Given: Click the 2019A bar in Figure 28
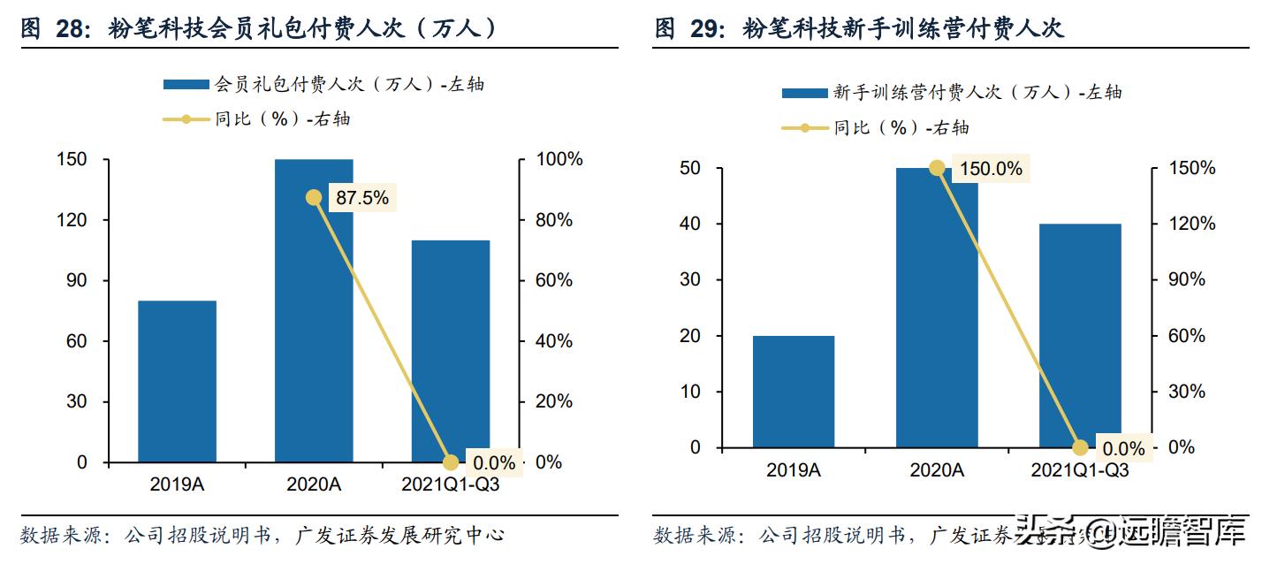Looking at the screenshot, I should [x=177, y=381].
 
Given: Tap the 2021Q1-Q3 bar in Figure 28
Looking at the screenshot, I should [x=450, y=351].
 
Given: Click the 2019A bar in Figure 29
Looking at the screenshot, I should [x=794, y=391].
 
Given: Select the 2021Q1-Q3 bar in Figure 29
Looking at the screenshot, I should [x=1079, y=336].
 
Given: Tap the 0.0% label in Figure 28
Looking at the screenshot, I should [x=493, y=462].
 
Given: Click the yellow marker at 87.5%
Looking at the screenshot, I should [x=313, y=197].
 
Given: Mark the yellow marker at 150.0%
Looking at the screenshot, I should [x=937, y=168].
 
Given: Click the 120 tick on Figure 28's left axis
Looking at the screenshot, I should [x=74, y=220].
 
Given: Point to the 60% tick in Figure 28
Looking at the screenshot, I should [x=555, y=280].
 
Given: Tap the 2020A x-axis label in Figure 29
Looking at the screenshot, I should [x=937, y=471].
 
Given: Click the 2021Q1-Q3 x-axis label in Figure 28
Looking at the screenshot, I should [x=450, y=484].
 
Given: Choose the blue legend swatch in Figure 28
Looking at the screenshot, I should [x=187, y=85].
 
